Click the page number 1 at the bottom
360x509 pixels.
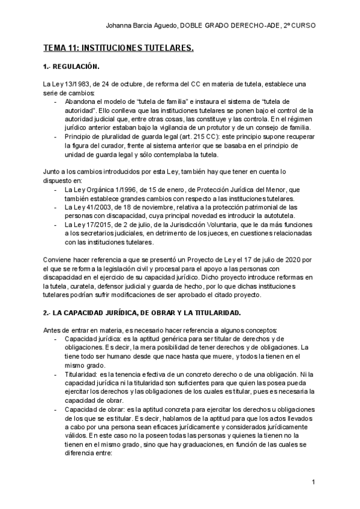pyautogui.click(x=314, y=483)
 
